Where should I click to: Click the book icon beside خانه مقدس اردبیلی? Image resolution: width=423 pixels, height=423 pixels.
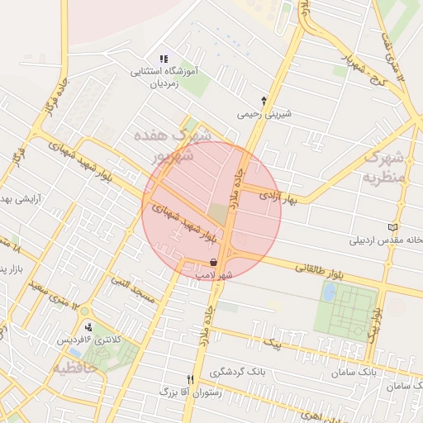[392, 226]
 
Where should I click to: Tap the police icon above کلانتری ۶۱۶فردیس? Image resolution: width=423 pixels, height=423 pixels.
[88, 326]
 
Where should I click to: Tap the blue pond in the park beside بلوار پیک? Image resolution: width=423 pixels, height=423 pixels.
[330, 292]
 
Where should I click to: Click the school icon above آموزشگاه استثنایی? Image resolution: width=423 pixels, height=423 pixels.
[164, 59]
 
